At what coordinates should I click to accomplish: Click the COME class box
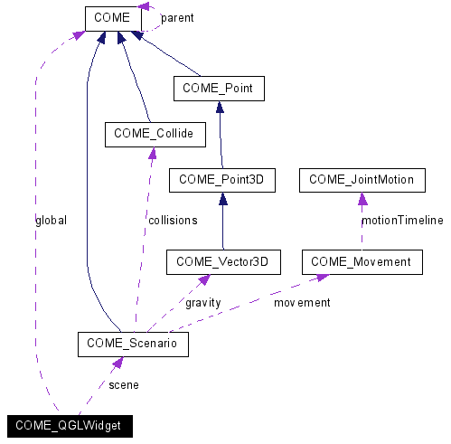coord(113,18)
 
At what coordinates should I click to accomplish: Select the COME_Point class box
coord(218,89)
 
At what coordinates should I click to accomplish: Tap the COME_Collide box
coord(155,135)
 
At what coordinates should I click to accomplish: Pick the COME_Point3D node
coord(220,180)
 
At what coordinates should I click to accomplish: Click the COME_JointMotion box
coord(361,180)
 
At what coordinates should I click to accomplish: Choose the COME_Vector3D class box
coord(222,262)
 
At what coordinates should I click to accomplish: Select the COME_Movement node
coord(361,262)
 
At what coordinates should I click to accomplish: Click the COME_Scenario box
coord(133,344)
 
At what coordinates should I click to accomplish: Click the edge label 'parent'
coord(176,18)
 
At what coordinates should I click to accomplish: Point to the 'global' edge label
coord(51,220)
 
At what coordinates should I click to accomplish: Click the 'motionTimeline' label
coord(401,220)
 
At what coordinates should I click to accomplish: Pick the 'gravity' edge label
coord(202,303)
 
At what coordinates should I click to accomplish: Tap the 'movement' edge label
coord(302,303)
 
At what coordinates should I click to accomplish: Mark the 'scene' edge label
coord(123,384)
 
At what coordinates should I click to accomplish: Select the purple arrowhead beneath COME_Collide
coord(152,154)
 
